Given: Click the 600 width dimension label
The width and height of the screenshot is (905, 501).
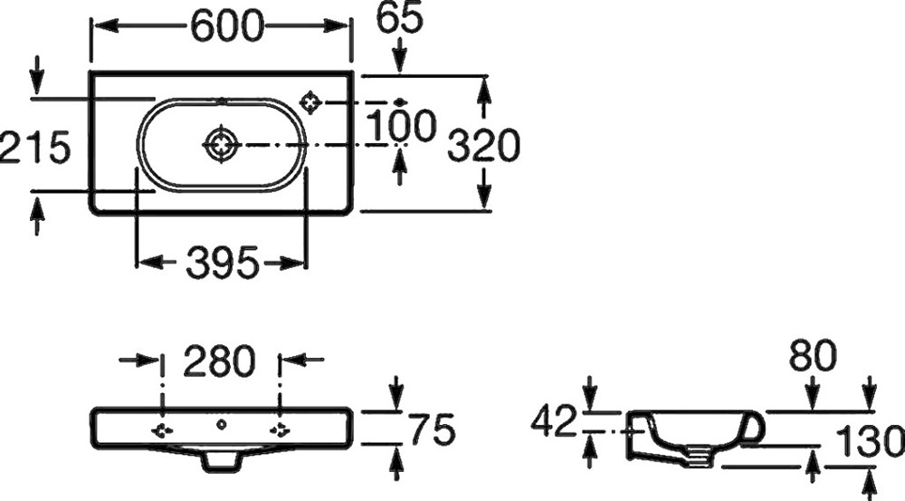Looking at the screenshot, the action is pos(227,26).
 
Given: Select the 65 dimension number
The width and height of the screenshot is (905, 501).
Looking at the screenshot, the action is pos(399,18).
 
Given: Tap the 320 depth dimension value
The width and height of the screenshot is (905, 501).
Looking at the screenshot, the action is pos(483,145).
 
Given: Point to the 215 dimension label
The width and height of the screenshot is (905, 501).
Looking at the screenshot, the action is pos(34,147).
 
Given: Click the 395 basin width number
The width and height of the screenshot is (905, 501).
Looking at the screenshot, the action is pos(223,263).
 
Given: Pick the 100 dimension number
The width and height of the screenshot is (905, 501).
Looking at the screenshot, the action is pos(401,126).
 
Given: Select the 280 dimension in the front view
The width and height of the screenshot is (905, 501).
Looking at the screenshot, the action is pos(219,361).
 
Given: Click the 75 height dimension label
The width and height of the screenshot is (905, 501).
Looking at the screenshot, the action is pos(432,429).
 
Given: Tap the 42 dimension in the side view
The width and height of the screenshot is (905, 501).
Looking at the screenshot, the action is pos(554,420).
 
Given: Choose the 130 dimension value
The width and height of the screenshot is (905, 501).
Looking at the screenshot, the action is pos(870,441).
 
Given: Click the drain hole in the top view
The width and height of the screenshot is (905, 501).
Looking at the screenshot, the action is pos(223,144).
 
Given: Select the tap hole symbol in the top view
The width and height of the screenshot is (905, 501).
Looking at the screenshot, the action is pos(311,102).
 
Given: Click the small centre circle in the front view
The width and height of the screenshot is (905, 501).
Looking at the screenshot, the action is pos(221,425).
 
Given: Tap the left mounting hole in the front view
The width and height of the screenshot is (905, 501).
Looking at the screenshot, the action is pos(162,429).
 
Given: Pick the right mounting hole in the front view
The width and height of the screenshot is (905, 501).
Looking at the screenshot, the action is pos(280,429).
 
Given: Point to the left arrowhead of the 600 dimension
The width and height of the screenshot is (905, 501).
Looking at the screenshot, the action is pos(105,25).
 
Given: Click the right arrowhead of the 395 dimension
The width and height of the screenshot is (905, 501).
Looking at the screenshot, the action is pos(292,263).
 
